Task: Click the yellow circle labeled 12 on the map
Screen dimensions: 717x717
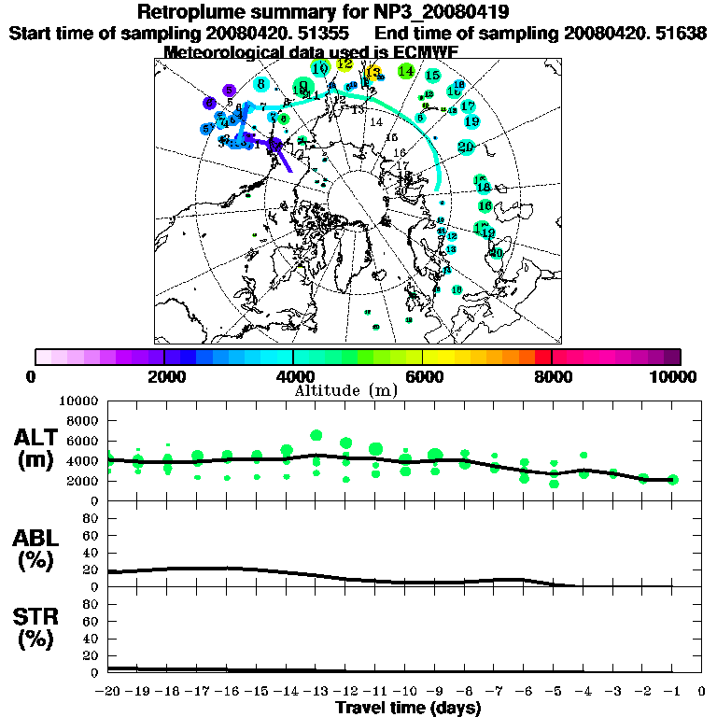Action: point(345,64)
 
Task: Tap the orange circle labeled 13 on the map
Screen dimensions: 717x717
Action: point(373,73)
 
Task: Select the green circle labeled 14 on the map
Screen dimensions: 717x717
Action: point(406,71)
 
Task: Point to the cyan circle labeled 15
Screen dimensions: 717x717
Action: point(432,76)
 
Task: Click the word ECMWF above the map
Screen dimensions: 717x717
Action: point(425,52)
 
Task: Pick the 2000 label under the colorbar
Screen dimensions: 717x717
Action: point(163,377)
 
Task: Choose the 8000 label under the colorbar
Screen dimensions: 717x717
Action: point(551,377)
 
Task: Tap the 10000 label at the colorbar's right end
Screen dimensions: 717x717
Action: point(675,377)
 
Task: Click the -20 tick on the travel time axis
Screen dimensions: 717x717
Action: point(107,692)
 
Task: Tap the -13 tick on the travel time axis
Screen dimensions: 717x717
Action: point(316,692)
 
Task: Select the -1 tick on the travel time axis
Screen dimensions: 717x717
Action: point(672,692)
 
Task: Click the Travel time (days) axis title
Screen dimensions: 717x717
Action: point(408,708)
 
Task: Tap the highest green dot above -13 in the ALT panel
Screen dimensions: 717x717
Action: point(316,435)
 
